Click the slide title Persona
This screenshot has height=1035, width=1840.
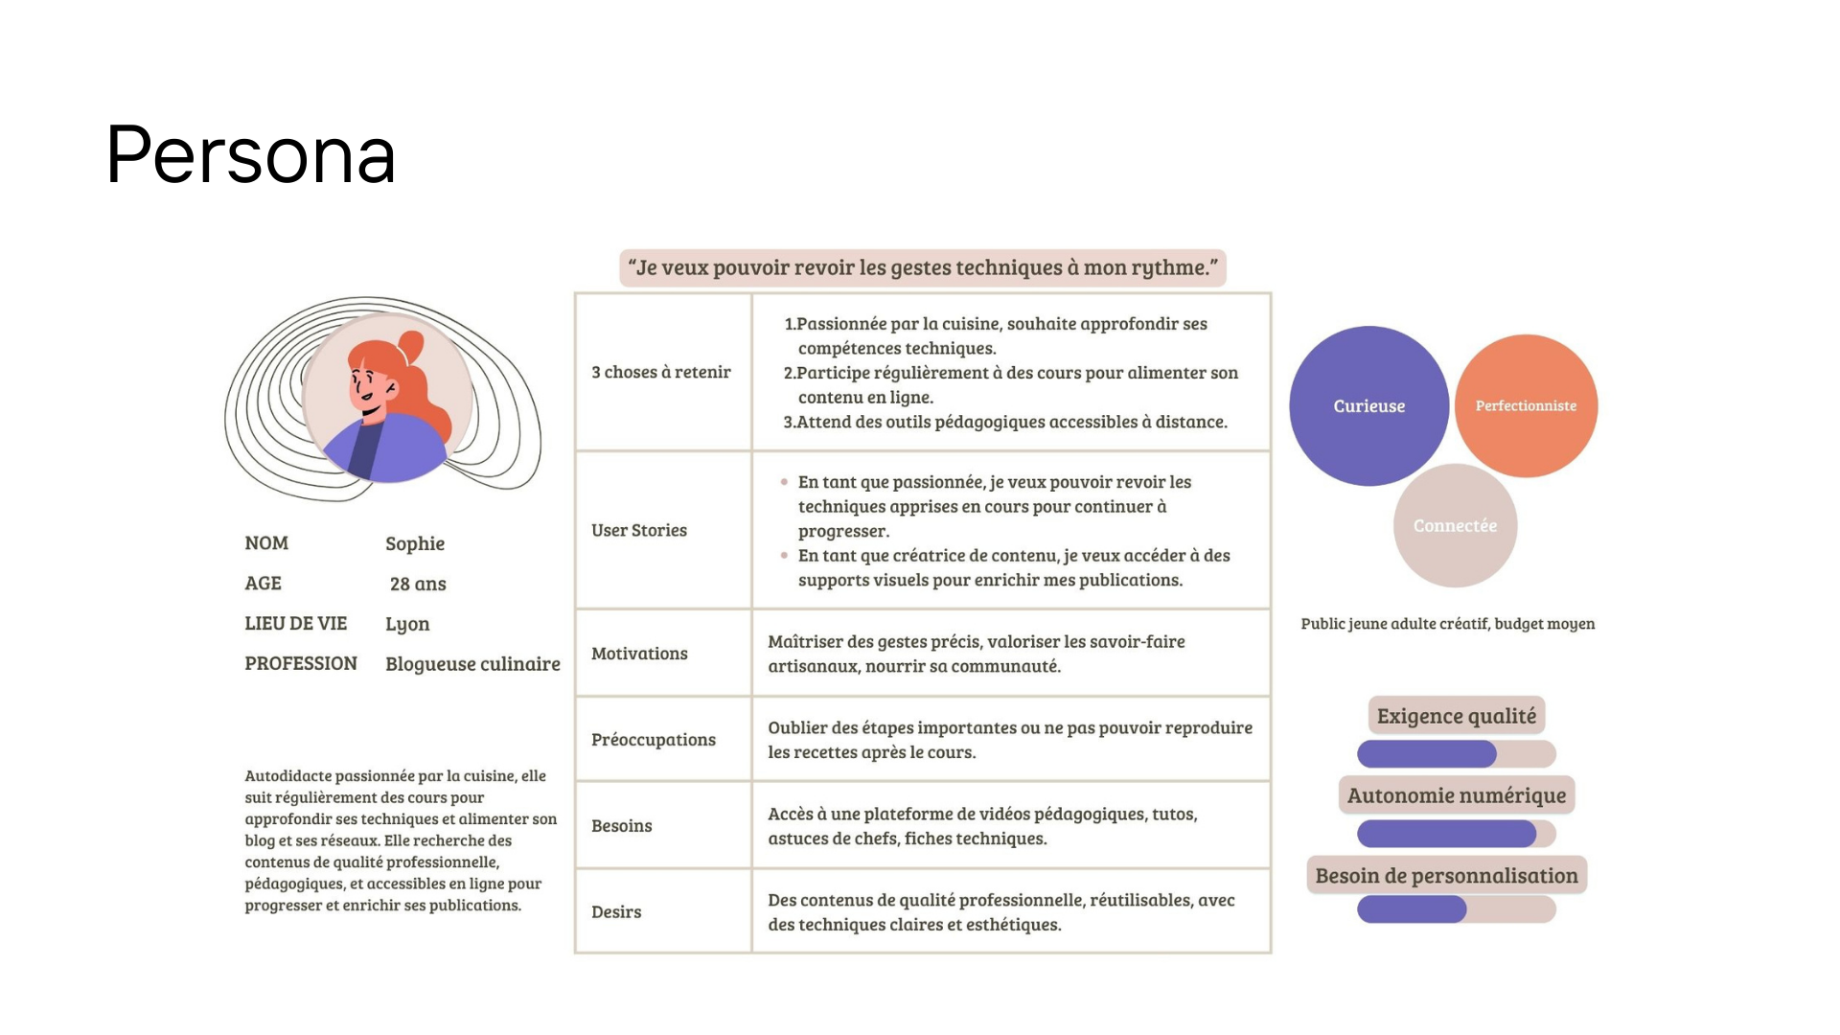pyautogui.click(x=250, y=155)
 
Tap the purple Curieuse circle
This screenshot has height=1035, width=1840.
pyautogui.click(x=1368, y=406)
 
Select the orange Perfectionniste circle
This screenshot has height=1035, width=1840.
pyautogui.click(x=1526, y=406)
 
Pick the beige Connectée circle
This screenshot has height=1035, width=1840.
pyautogui.click(x=1455, y=525)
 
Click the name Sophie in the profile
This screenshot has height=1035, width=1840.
pyautogui.click(x=415, y=543)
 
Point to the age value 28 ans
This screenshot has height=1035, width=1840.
pyautogui.click(x=418, y=584)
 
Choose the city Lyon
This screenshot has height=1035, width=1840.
pyautogui.click(x=407, y=624)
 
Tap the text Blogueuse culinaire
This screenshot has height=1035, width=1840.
pyautogui.click(x=472, y=664)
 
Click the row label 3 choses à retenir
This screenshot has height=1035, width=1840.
pyautogui.click(x=660, y=372)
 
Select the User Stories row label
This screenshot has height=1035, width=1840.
pyautogui.click(x=639, y=530)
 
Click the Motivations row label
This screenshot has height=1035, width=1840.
pyautogui.click(x=639, y=654)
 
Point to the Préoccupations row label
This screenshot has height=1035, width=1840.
pyautogui.click(x=654, y=740)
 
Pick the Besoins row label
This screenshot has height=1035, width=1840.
pyautogui.click(x=621, y=826)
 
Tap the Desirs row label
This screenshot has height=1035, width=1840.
pyautogui.click(x=616, y=912)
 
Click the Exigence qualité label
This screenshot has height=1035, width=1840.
pyautogui.click(x=1456, y=716)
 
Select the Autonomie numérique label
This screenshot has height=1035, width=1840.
pyautogui.click(x=1456, y=795)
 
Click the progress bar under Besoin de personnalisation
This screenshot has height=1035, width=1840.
pyautogui.click(x=1456, y=909)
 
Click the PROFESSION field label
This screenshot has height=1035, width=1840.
pyautogui.click(x=301, y=664)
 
